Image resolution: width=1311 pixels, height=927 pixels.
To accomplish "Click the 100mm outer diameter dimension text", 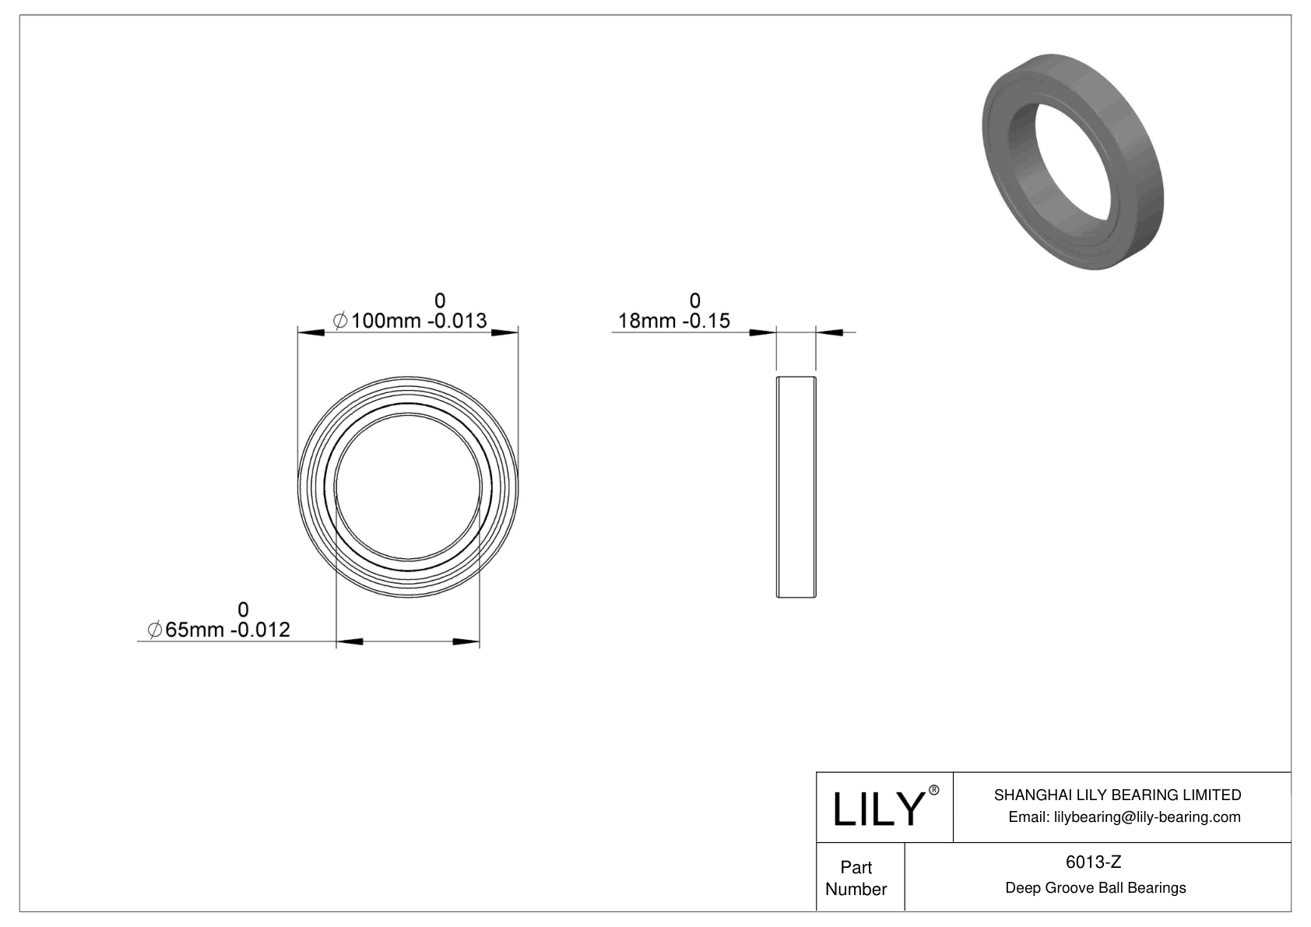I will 409,321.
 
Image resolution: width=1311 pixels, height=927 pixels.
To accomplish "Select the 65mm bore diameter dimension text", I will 220,630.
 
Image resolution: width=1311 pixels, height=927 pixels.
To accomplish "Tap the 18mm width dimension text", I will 673,321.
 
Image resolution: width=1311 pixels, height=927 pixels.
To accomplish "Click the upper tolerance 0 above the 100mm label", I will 440,300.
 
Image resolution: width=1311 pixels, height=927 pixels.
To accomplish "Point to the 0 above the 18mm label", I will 694,300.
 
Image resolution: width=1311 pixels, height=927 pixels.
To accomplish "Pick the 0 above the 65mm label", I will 243,609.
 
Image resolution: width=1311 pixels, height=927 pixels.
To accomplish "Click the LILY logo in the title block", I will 877,809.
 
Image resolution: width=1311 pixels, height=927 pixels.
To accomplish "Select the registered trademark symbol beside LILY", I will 934,791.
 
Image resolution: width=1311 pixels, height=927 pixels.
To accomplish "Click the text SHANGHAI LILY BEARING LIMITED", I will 1117,795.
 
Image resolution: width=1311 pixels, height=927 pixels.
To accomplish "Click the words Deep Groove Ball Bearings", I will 1095,887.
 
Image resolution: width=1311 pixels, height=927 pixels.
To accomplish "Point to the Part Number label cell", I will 856,878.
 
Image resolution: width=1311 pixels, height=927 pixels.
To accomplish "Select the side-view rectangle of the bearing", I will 796,487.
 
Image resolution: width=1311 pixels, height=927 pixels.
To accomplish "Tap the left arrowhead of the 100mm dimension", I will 311,333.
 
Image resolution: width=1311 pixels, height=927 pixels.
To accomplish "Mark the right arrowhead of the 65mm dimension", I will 466,642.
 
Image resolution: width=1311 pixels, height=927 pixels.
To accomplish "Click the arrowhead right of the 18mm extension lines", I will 831,333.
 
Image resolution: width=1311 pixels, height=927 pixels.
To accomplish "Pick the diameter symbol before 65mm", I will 155,630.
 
